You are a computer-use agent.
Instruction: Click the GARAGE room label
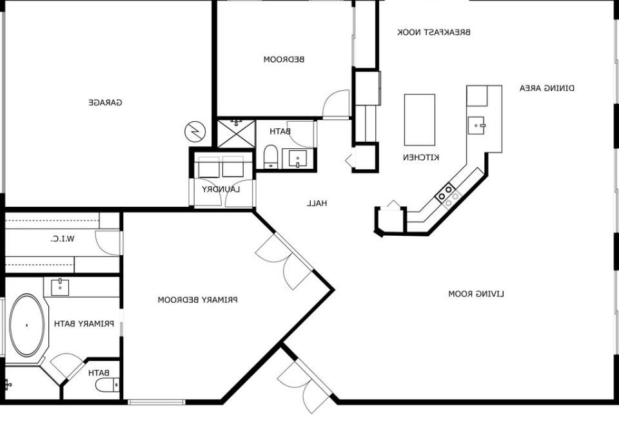(105, 102)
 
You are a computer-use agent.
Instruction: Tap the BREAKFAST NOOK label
(433, 32)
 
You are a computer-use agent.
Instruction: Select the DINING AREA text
(547, 88)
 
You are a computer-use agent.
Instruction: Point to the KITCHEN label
(421, 157)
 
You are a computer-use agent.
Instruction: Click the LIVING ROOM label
(476, 294)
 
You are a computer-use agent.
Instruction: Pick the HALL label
(317, 204)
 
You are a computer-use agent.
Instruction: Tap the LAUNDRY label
(221, 189)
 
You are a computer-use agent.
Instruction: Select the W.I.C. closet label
(63, 238)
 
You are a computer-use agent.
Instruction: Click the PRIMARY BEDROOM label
(198, 300)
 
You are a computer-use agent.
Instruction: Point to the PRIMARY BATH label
(84, 324)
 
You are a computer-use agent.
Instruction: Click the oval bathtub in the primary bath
(27, 325)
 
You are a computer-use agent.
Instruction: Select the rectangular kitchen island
(420, 120)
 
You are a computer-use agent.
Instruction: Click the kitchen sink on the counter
(477, 126)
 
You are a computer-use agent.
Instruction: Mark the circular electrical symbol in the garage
(195, 131)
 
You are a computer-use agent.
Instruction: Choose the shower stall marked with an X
(237, 133)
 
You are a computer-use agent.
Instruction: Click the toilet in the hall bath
(271, 156)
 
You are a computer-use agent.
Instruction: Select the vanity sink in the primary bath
(60, 287)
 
